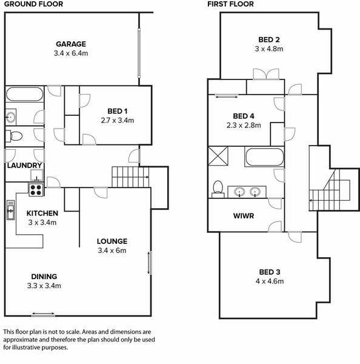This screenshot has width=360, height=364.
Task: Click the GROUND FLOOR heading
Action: (x=28, y=4)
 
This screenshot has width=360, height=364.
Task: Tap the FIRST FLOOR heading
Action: (x=230, y=4)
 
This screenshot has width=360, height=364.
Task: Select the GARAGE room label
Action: (x=71, y=44)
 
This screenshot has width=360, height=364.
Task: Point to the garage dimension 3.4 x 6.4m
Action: (x=71, y=53)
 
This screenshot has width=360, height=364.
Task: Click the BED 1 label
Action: (x=117, y=111)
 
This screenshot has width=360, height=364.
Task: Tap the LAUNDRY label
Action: (x=24, y=165)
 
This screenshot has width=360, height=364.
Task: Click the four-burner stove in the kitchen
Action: (x=36, y=189)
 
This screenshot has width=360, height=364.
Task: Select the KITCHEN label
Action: (x=42, y=213)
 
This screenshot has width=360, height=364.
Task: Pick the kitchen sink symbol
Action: (x=10, y=211)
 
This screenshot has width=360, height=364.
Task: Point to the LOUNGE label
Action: (x=112, y=241)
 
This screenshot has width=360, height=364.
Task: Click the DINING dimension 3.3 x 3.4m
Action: (x=44, y=286)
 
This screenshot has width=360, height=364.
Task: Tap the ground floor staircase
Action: (x=130, y=178)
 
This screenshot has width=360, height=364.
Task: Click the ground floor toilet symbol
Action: (x=15, y=135)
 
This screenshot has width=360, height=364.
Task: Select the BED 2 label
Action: (x=269, y=39)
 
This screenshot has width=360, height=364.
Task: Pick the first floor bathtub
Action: (x=264, y=157)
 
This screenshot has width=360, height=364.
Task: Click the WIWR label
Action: (x=244, y=215)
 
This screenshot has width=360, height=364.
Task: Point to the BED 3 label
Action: (x=269, y=272)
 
